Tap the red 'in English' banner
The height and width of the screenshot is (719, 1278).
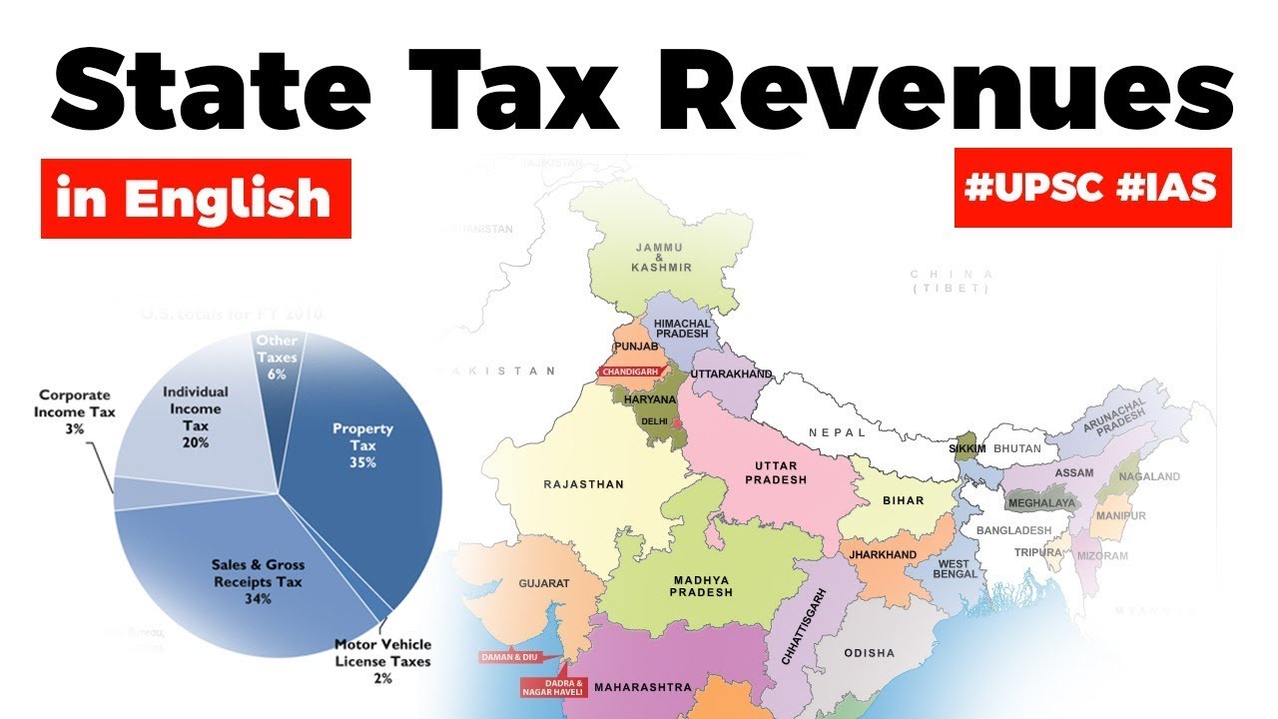pos(196,199)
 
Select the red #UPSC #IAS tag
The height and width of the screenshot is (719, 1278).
pos(1092,188)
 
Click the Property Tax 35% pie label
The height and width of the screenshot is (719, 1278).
pos(362,445)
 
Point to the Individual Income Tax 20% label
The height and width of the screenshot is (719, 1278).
pos(196,416)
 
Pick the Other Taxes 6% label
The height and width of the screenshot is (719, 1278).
pos(277,357)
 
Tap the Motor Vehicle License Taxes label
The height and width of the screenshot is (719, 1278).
pos(382,660)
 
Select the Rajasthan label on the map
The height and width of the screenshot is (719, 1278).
pos(583,484)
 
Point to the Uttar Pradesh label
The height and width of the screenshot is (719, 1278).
pos(781,472)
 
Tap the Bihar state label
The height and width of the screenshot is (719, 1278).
pos(902,500)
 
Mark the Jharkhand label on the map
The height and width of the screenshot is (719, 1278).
pos(883,554)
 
